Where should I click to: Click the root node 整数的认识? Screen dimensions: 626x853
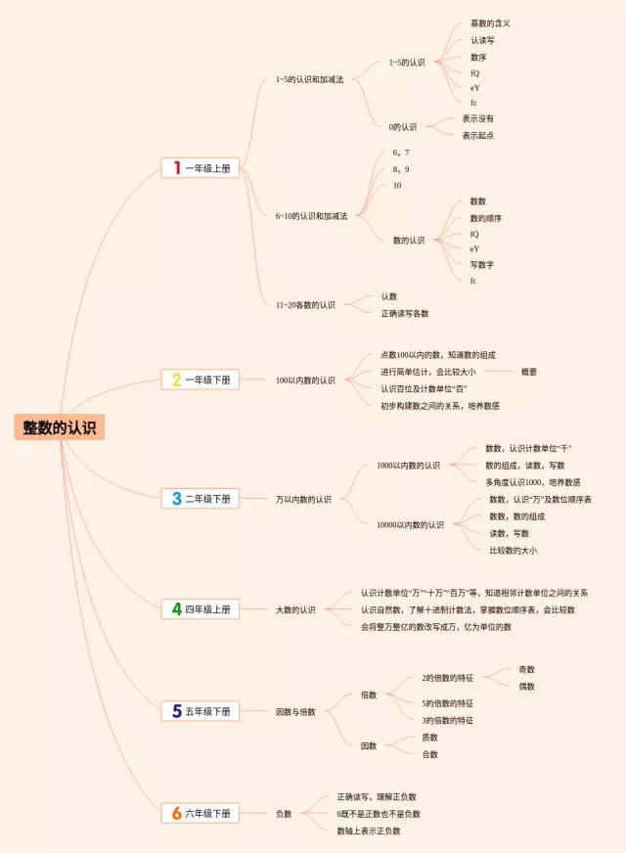pos(59,427)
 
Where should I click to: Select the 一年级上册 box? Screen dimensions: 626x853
pos(200,168)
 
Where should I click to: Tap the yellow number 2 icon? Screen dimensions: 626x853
pos(176,380)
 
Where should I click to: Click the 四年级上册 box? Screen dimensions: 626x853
pos(200,609)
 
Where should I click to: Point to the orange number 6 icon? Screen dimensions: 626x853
pos(176,813)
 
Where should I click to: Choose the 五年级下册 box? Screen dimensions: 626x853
pos(200,711)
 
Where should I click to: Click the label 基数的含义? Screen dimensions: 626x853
pos(490,22)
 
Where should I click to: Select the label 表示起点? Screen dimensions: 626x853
pos(478,135)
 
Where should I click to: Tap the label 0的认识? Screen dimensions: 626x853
pos(403,126)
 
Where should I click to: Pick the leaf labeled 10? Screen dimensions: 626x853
pos(397,185)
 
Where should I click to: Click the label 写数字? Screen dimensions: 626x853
pos(482,264)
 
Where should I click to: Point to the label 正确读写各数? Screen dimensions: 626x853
pos(405,313)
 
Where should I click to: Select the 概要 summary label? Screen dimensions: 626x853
pos(529,372)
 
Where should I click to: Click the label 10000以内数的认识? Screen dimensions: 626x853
pos(410,524)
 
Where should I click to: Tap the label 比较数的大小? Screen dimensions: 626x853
pos(513,550)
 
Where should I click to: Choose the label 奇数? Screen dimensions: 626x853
pos(526,669)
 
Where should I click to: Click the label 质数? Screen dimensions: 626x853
pos(430,737)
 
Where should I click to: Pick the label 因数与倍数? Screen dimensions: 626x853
pos(295,711)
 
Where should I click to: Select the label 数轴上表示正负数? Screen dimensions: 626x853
pos(369,831)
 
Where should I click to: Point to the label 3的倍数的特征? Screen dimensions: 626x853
pos(448,720)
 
